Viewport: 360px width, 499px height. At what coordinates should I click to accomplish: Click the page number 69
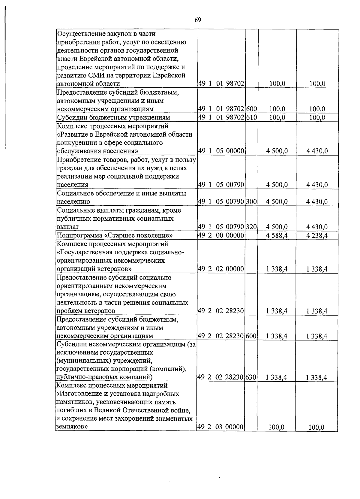(x=198, y=20)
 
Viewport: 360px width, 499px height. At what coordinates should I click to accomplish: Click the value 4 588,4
(x=277, y=235)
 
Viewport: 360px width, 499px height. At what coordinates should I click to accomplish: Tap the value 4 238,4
(x=317, y=235)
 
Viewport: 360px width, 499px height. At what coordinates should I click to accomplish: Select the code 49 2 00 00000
(x=221, y=235)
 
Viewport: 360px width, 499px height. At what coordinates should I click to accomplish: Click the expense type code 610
(x=251, y=117)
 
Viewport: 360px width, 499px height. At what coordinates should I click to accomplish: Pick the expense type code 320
(x=251, y=227)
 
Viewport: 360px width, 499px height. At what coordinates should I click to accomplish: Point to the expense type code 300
(x=251, y=202)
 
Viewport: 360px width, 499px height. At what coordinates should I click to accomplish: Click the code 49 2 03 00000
(x=220, y=427)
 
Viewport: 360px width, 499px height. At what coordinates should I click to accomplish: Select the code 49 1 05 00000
(x=221, y=151)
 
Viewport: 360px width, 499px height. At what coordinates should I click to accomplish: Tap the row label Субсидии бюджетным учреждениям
(x=113, y=117)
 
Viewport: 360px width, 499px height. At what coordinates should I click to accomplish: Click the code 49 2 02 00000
(x=221, y=269)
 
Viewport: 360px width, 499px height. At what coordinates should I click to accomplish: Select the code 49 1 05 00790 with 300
(x=221, y=202)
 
